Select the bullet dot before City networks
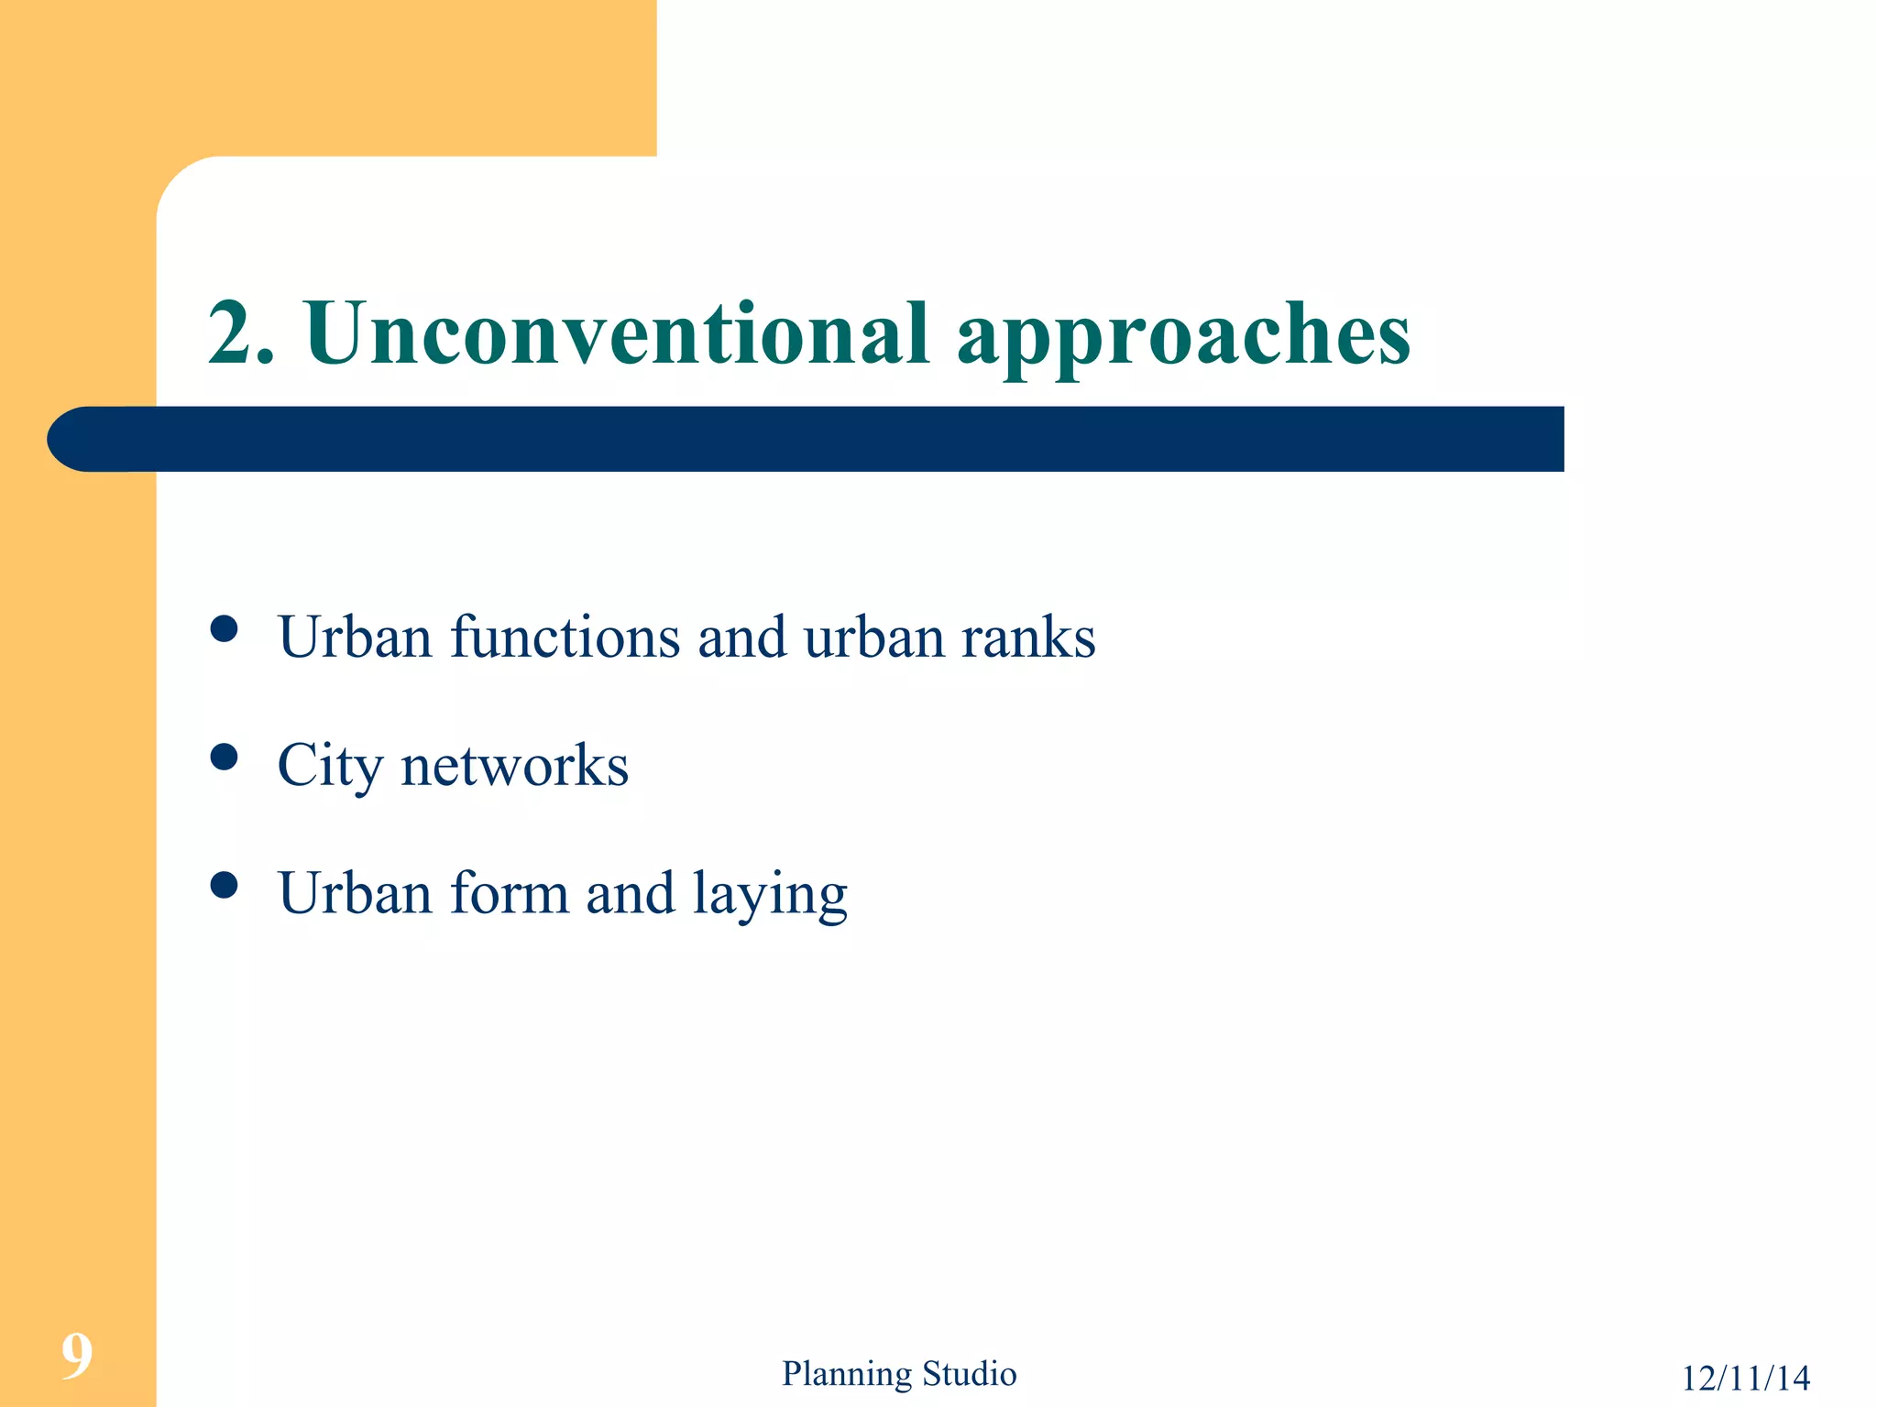point(224,757)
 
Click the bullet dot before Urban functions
point(224,629)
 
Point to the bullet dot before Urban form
point(224,885)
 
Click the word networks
point(514,766)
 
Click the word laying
point(769,896)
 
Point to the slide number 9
point(77,1357)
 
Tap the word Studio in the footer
point(969,1374)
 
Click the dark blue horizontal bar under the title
point(825,440)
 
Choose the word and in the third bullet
point(630,894)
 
